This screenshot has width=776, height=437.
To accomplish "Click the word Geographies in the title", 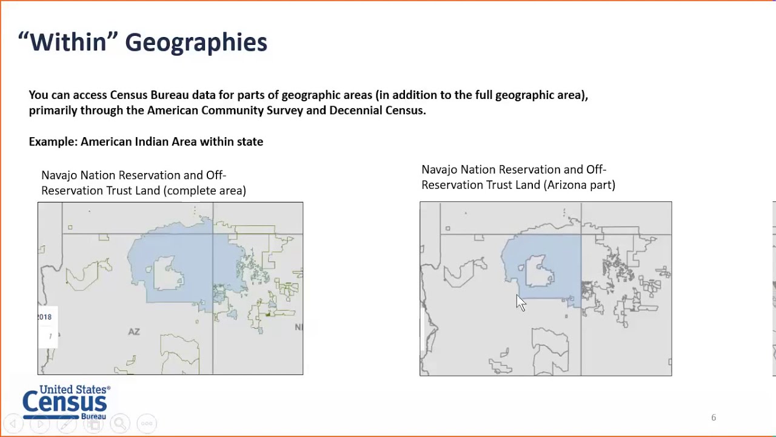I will pyautogui.click(x=196, y=42).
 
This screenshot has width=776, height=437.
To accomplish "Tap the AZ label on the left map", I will pyautogui.click(x=134, y=331).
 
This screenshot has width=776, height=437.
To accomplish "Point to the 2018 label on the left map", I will pyautogui.click(x=45, y=317).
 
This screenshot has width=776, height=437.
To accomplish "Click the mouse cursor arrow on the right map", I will pyautogui.click(x=521, y=302).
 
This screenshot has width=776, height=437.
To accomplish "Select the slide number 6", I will pyautogui.click(x=714, y=418).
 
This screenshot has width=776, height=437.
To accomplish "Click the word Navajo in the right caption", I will pyautogui.click(x=439, y=169).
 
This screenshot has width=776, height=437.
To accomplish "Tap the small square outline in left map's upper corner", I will pyautogui.click(x=70, y=228).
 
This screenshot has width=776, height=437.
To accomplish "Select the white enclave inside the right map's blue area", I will pyautogui.click(x=538, y=271).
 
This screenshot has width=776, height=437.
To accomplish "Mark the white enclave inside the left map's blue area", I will pyautogui.click(x=169, y=273).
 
